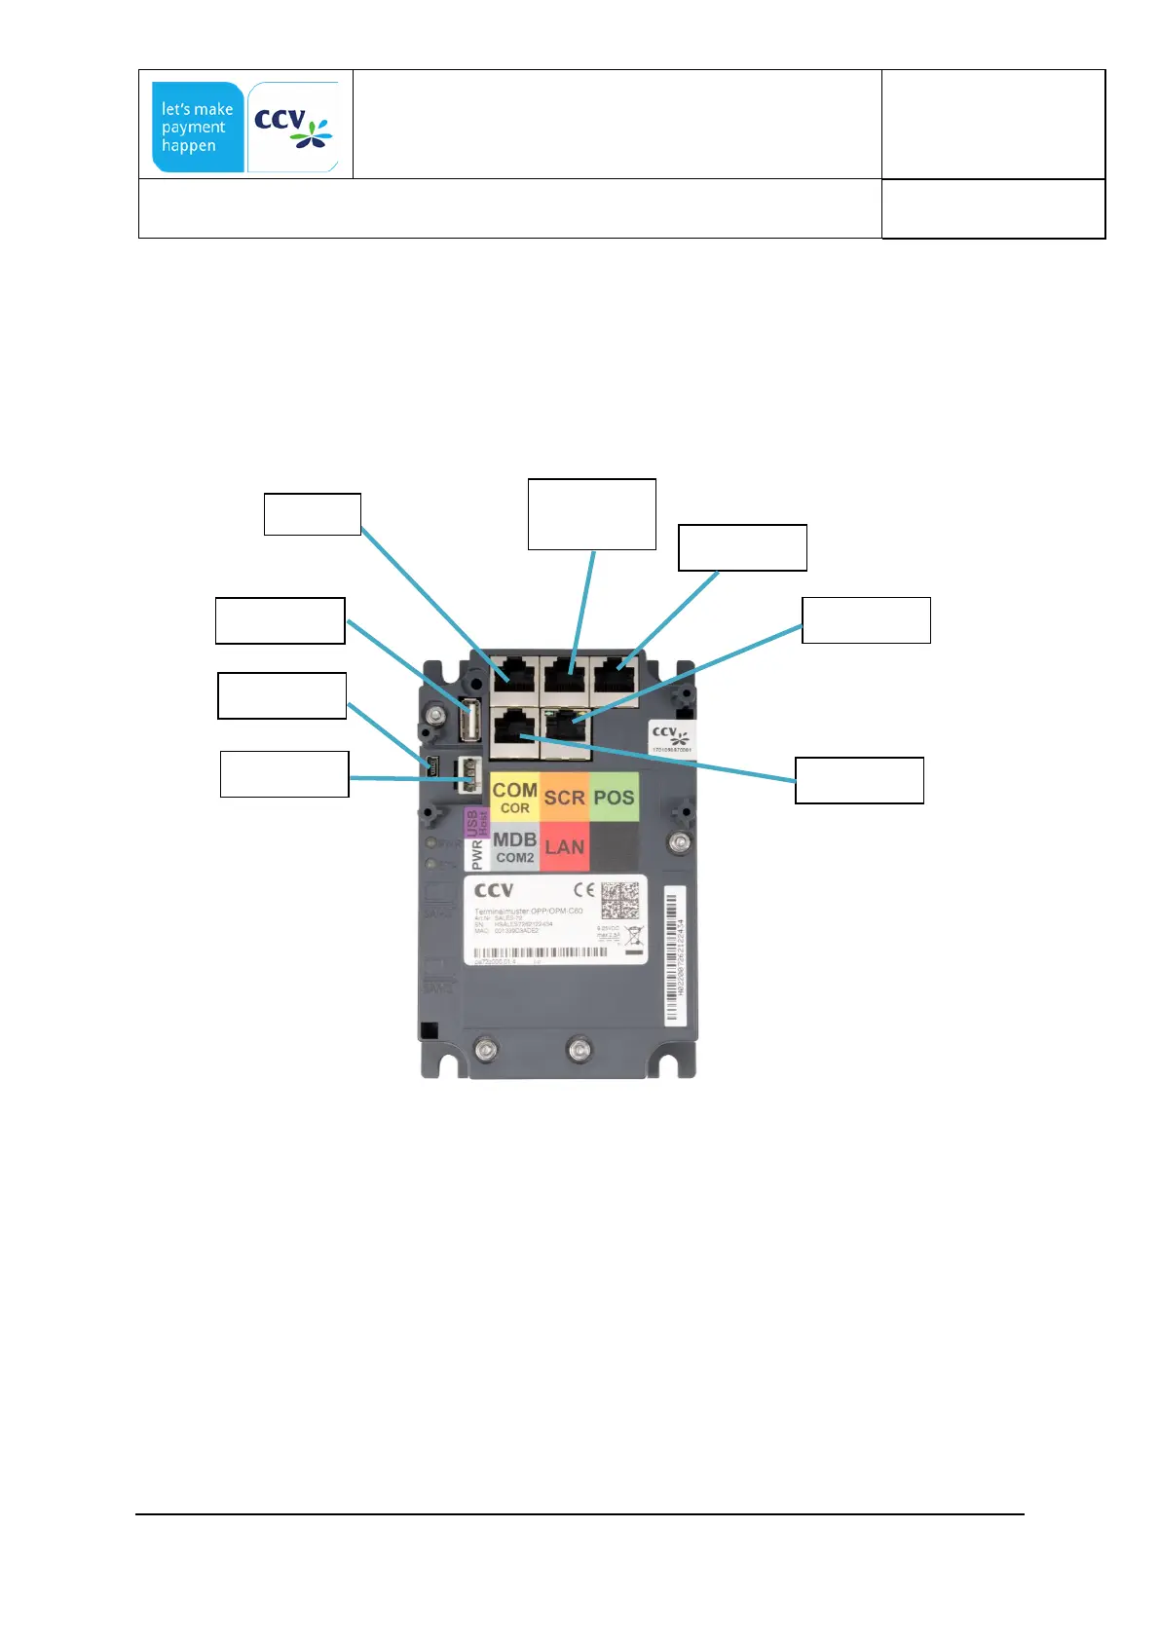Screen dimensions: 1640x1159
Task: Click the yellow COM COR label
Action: (514, 797)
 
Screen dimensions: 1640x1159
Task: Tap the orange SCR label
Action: (564, 798)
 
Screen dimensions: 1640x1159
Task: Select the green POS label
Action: (614, 798)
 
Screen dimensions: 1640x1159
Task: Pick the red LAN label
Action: (564, 847)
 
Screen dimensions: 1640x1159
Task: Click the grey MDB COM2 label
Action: (514, 847)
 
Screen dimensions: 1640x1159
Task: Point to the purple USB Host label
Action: (476, 823)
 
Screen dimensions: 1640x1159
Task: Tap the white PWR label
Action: (476, 855)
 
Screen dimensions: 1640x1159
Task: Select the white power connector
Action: (468, 775)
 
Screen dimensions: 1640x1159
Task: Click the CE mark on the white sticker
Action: (583, 890)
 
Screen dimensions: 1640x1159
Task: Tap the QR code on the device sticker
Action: (619, 901)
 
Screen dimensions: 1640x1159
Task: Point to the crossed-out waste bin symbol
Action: (634, 937)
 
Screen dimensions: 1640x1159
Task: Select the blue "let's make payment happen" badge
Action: (198, 128)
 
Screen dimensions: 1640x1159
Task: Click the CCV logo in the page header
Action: (293, 128)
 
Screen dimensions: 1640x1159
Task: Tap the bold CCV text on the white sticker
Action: (494, 890)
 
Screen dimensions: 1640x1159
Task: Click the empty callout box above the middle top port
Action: (591, 514)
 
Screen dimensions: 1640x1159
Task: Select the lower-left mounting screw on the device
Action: (483, 1049)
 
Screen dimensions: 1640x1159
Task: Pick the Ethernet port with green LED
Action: (565, 725)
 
